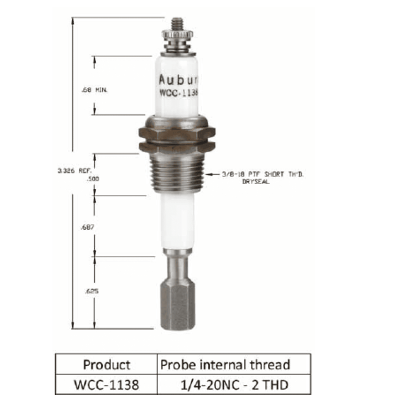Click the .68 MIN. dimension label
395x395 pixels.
pos(95,90)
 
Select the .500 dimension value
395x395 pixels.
pos(93,179)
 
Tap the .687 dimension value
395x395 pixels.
pos(87,227)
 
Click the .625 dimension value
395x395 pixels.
pos(92,291)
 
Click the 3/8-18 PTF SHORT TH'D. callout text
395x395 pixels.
pos(262,174)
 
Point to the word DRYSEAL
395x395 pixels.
pos(256,182)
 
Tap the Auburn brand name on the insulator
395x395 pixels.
pos(178,80)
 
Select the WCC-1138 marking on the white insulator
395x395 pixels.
pos(178,93)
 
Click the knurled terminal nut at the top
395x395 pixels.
pos(177,35)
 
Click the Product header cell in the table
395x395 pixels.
pos(106,365)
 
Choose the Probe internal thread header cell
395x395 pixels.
pos(225,365)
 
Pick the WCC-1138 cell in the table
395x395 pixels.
pos(106,385)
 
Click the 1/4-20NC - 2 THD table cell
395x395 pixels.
pos(234,385)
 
